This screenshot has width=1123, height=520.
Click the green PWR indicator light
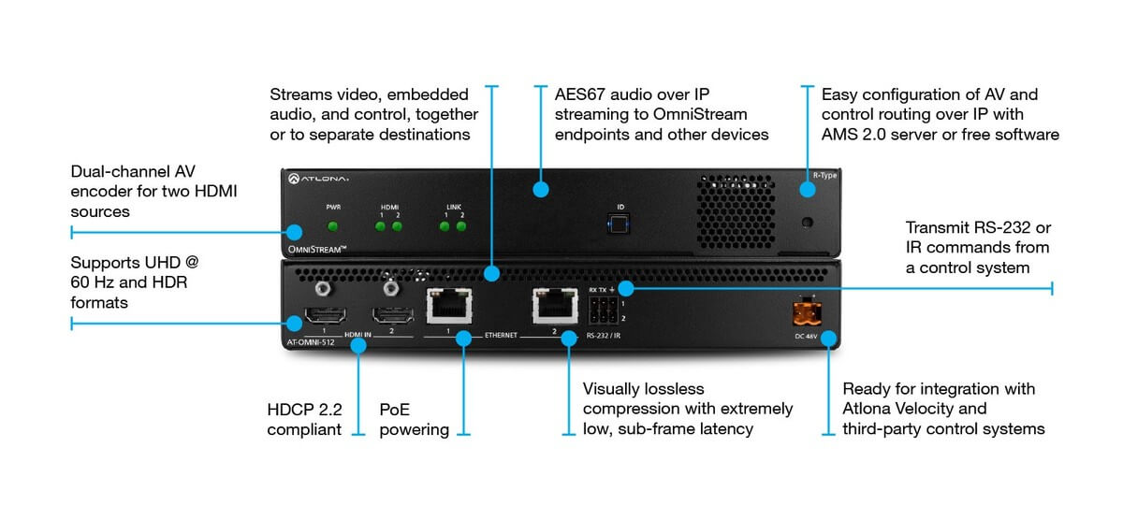pos(331,225)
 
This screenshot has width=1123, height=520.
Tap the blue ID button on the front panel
pos(617,224)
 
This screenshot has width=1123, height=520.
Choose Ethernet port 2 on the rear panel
pos(553,306)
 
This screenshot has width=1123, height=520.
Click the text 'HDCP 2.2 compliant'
pos(303,419)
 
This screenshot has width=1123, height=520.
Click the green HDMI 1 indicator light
pos(380,225)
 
